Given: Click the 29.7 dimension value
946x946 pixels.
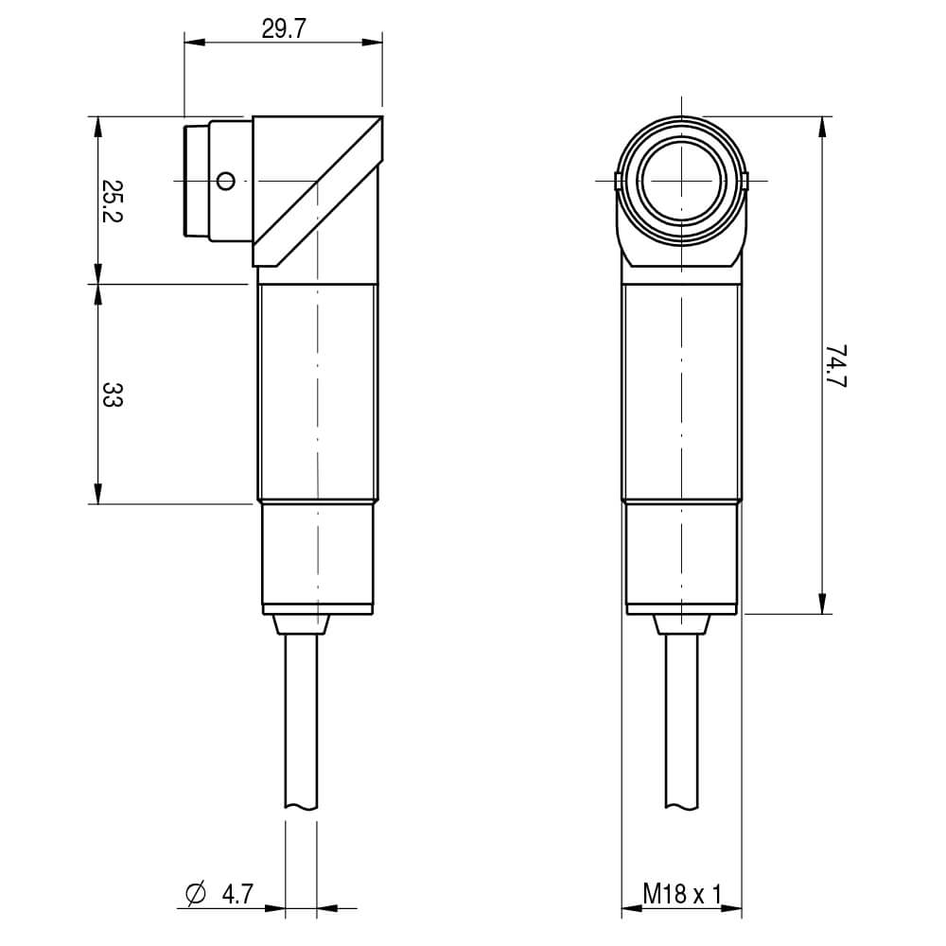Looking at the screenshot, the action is click(x=284, y=29).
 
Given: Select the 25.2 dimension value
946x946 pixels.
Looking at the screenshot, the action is click(x=112, y=201).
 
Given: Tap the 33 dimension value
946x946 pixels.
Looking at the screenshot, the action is click(x=112, y=394).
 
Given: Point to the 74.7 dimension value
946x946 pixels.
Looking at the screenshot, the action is click(x=835, y=366).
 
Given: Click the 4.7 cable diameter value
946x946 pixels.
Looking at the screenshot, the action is click(x=237, y=894).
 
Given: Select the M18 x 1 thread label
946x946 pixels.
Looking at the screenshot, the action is click(x=682, y=894).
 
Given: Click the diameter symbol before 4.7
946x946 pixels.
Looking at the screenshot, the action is click(x=196, y=894).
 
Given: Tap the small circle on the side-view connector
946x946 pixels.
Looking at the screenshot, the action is click(x=226, y=181).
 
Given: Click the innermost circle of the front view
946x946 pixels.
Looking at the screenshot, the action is click(x=682, y=181).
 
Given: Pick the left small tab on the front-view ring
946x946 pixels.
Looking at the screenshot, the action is click(x=618, y=181).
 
